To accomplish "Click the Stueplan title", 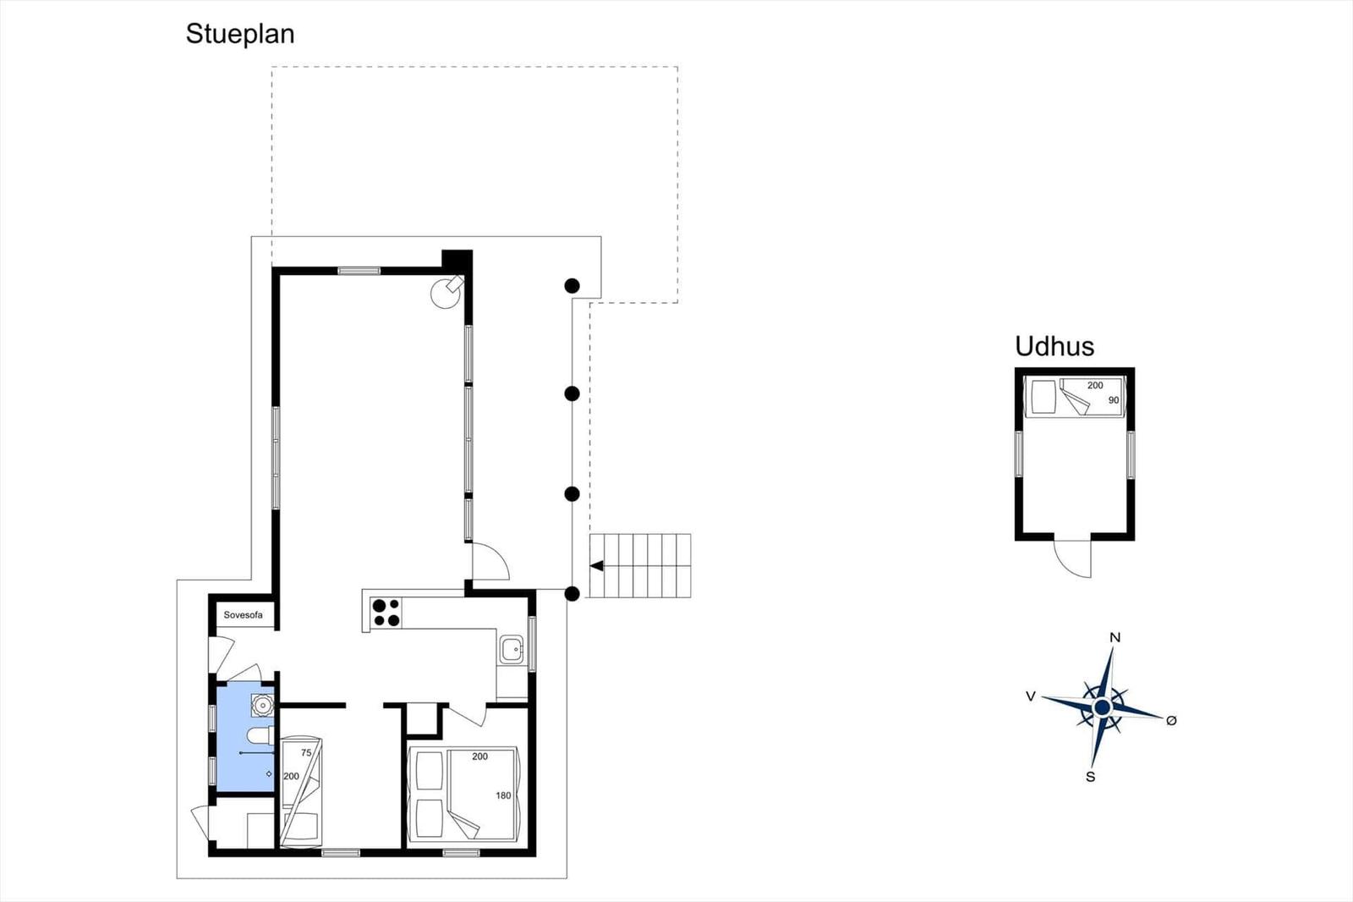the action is pos(240,35).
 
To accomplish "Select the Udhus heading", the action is pos(1054,346).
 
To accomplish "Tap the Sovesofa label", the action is pos(243,615).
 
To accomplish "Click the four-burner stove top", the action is pos(386,613).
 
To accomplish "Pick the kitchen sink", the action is pos(512,649).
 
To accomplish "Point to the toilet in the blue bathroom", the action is pos(259,736).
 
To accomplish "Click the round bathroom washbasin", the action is pos(263,706).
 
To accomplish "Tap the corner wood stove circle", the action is pos(446,294).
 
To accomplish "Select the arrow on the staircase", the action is pos(597,566).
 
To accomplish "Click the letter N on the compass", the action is pos(1115,637).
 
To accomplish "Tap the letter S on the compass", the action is pos(1090,777).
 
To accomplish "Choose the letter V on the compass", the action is pos(1031,696).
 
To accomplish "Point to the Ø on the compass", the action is pos(1171,720).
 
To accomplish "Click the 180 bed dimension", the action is pos(503,795).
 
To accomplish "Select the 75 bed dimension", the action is pos(306,753).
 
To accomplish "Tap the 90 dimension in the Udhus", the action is pos(1113,400).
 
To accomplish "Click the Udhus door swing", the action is pos(1073,558).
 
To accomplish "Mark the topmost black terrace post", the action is pos(572,285).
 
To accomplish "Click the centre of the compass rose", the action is pos(1102,707).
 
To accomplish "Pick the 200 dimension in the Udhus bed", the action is pos(1095,385).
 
